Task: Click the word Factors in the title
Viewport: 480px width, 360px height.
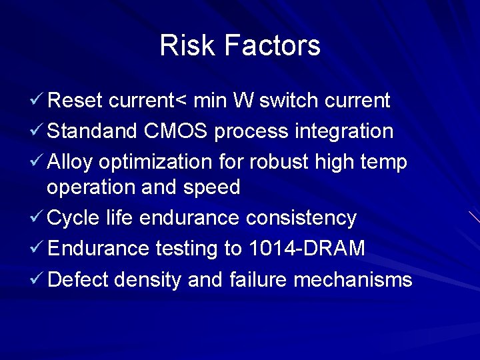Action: (x=272, y=45)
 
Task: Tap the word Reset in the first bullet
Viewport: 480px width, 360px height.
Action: (x=75, y=101)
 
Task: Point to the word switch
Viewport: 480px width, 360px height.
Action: (x=289, y=101)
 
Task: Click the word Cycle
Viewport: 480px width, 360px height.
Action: (x=73, y=218)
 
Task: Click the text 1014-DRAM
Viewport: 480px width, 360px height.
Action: (x=307, y=249)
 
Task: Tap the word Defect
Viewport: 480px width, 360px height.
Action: (x=78, y=279)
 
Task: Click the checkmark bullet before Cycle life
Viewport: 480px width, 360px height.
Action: (x=37, y=217)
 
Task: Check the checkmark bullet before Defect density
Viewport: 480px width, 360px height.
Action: (x=37, y=279)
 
